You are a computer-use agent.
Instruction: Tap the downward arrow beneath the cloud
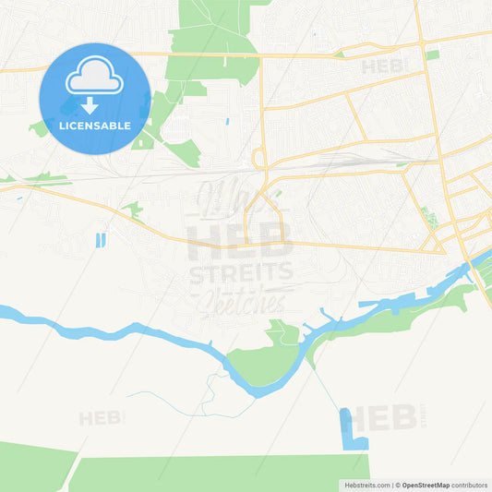90,105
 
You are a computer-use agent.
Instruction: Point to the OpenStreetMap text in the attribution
426,485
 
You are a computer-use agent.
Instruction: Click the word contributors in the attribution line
470,485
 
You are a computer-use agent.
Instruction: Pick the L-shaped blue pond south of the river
351,429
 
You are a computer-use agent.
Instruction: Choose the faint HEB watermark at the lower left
100,417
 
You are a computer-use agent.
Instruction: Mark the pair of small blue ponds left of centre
101,240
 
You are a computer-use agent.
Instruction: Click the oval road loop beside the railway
258,159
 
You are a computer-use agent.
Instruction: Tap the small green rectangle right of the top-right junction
432,54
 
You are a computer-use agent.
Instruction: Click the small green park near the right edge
428,218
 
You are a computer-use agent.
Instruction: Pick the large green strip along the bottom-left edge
37,468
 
